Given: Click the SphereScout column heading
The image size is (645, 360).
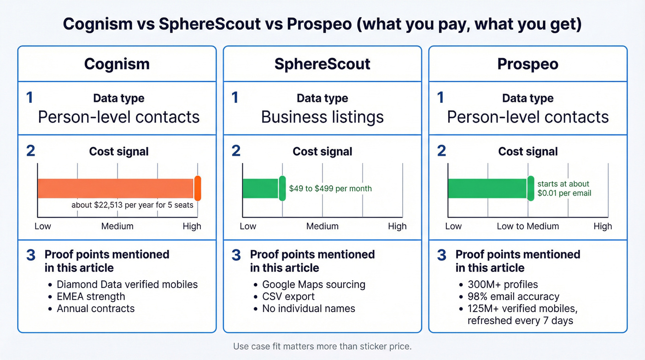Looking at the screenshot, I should point(322,64).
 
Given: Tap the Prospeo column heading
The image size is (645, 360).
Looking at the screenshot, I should point(528,64).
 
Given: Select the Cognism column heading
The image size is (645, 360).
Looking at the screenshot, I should point(117,64).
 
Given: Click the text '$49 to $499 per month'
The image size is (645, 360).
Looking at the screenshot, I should point(330,189).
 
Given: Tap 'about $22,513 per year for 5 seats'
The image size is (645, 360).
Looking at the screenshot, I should point(132,205).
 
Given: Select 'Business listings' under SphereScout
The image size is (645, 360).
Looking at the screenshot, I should point(322,117).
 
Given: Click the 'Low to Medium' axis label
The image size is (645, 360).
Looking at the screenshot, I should point(528,226).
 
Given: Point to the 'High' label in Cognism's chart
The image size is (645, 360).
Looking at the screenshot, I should point(192,226).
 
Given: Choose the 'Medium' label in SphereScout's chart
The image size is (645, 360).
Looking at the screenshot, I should point(322,226).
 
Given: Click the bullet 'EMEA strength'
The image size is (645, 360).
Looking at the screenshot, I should point(91,296).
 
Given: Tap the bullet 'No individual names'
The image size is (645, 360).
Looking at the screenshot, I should point(309,308).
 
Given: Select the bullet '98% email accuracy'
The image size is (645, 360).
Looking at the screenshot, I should point(513,296).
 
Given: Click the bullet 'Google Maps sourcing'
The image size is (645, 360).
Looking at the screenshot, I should point(314,284).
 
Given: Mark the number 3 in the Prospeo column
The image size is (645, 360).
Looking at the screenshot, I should point(441,255).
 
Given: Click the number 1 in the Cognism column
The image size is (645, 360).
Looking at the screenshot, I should point(30,98).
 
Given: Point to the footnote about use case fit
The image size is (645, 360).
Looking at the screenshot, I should point(322,346).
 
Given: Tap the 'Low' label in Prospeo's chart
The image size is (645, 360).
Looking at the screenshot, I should point(453,226).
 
